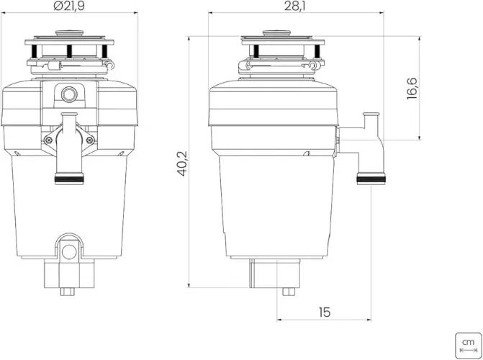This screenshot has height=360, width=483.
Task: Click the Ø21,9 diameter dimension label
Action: point(68,6)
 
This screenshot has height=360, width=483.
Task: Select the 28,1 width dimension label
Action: point(295,6)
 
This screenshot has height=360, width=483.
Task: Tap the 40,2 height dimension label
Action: point(183,163)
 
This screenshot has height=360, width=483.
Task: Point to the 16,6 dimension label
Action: point(412,89)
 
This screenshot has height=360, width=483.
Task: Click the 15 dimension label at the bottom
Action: point(325,312)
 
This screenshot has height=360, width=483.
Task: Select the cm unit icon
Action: point(468,346)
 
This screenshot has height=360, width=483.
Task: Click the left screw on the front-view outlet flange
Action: point(48,140)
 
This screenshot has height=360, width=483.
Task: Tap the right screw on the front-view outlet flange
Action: point(90,140)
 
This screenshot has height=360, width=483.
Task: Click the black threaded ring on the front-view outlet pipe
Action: point(69,179)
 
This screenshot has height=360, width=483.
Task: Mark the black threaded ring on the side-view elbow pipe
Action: point(371,179)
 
